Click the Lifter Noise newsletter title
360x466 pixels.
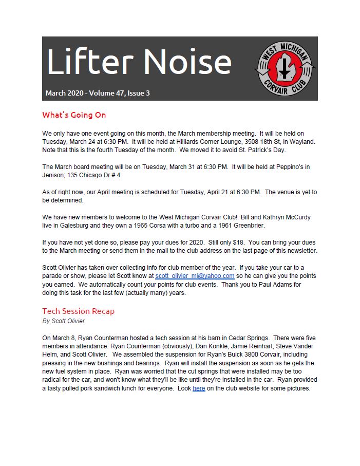(139, 62)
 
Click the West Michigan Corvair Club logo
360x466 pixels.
(286, 68)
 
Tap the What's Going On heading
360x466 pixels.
(74, 115)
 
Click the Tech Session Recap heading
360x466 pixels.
(78, 311)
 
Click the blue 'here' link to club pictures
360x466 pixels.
(199, 388)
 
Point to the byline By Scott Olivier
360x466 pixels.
(63, 321)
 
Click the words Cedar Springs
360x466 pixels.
(250, 338)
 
